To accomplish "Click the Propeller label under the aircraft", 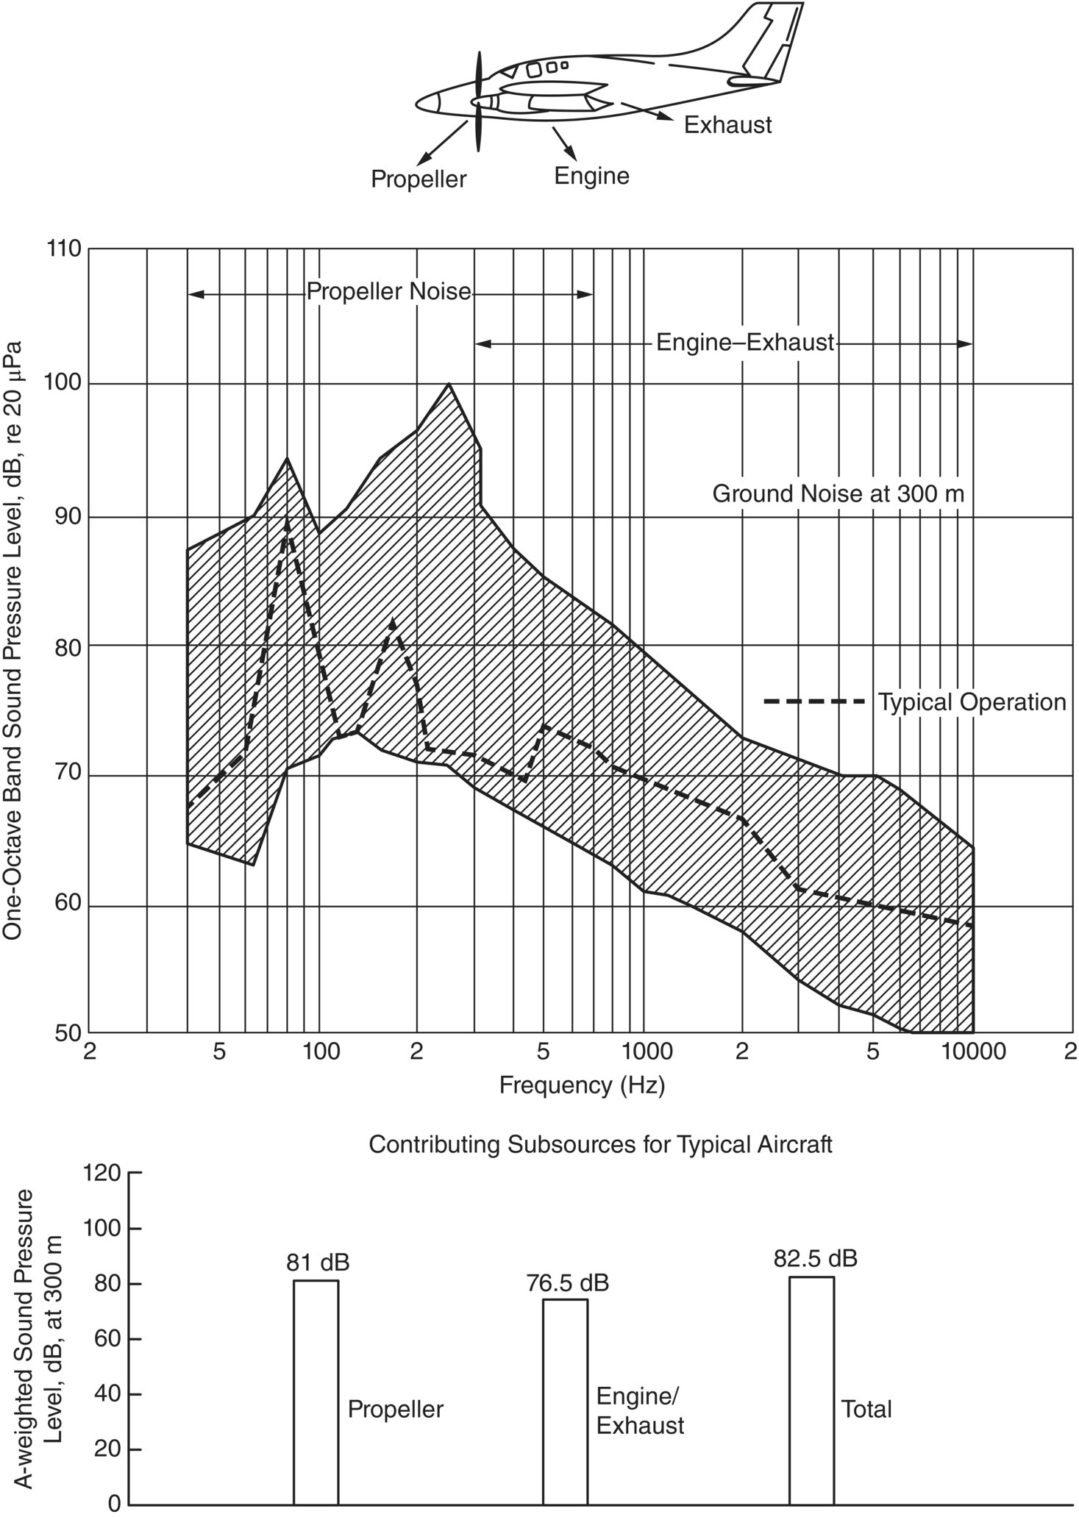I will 418,179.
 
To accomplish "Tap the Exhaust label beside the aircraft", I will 727,125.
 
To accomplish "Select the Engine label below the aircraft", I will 591,176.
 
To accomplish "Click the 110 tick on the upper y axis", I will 64,249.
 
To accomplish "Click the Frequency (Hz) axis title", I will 582,1085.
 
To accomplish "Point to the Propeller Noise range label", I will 388,292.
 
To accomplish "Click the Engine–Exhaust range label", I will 744,343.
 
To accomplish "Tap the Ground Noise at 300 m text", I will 838,493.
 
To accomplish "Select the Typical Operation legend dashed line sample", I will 814,702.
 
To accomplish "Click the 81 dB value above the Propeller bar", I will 317,1263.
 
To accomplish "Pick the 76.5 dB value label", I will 567,1283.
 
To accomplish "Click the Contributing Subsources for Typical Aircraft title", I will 600,1145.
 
